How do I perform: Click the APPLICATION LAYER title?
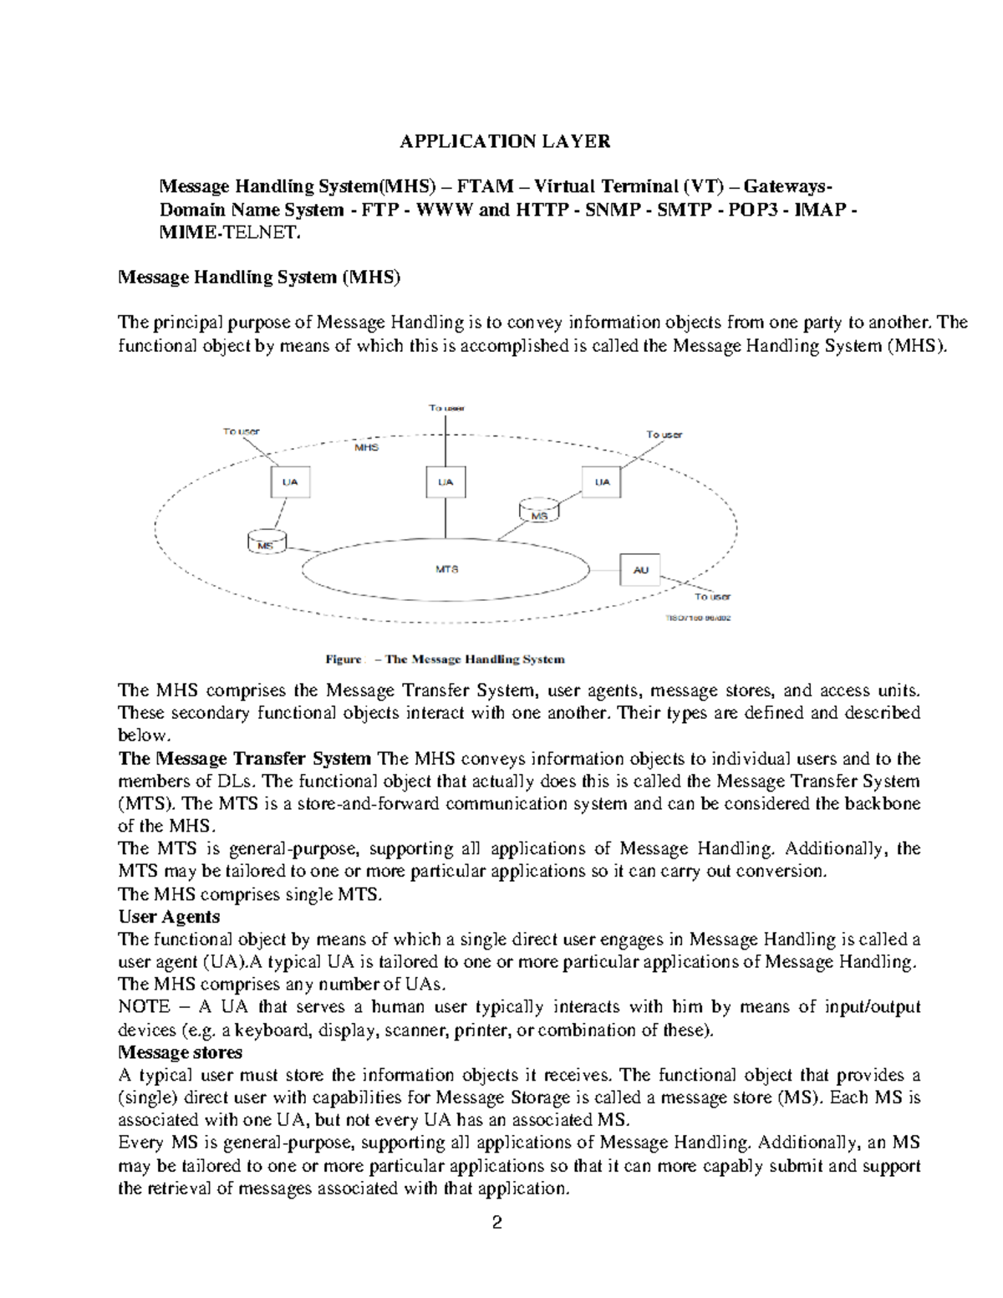(505, 141)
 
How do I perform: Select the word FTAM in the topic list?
(476, 186)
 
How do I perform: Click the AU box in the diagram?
(640, 570)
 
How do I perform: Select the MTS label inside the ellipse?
(447, 569)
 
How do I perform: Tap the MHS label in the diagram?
(366, 447)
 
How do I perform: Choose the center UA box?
(445, 482)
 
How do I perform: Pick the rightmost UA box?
(602, 482)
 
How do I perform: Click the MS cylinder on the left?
(267, 542)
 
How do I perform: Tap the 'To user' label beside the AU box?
(712, 597)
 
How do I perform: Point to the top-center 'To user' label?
(446, 408)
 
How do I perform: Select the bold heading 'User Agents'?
(169, 917)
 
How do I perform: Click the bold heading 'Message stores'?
(181, 1052)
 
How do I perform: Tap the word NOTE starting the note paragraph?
(144, 1007)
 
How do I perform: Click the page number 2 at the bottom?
(497, 1224)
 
